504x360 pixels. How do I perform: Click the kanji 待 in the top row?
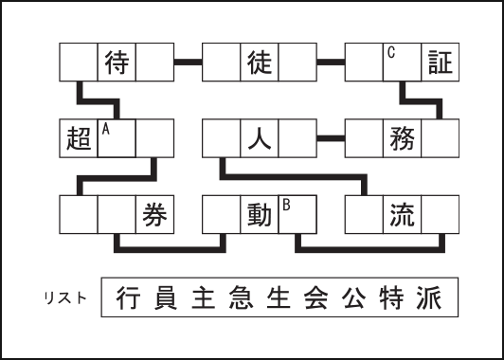117,63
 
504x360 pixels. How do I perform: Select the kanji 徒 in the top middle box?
260,63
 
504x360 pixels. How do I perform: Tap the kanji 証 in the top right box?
441,63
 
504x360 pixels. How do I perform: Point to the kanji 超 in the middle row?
79,139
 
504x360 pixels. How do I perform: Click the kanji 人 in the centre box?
260,139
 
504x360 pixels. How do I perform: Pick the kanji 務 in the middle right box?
402,139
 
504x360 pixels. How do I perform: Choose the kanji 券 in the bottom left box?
155,214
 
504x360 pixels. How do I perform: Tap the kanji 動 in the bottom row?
260,214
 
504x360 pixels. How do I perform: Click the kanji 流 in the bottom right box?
402,214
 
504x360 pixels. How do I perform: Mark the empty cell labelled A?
117,139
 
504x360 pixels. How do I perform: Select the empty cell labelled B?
297,214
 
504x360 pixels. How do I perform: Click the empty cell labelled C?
402,63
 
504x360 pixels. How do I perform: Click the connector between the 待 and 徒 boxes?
188,63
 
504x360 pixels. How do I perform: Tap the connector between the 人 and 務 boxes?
330,139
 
